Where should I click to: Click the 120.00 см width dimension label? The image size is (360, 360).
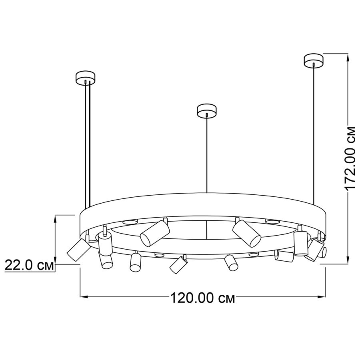click(203, 298)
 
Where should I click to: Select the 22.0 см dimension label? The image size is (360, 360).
click(29, 266)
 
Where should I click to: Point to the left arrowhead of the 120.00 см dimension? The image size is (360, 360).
click(84, 297)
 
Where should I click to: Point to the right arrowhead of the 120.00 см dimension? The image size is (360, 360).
click(322, 297)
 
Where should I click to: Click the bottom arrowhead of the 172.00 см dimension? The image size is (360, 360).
click(348, 260)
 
